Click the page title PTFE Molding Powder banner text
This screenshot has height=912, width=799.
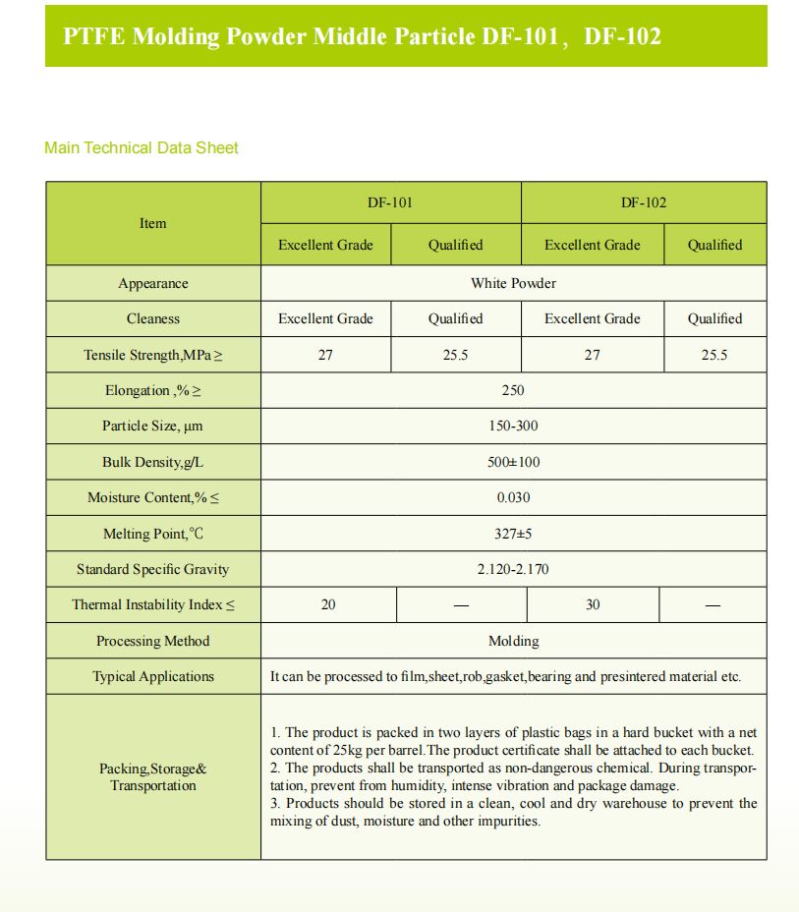point(362,36)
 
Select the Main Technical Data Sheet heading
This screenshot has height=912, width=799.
point(142,147)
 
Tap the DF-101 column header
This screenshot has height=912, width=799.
point(389,202)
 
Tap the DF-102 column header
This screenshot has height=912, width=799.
point(644,202)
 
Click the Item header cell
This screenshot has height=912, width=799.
point(152,223)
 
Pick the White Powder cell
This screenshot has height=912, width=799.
point(513,283)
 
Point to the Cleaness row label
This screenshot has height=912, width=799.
point(152,318)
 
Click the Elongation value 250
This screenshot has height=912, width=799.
point(513,390)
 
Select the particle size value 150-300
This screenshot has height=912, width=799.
point(513,426)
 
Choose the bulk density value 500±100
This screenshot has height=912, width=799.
point(513,462)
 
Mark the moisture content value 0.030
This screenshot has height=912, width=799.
point(513,497)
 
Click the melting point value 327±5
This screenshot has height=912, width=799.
point(513,534)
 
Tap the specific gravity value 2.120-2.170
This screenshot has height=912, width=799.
point(513,569)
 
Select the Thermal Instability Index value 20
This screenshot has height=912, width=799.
point(328,604)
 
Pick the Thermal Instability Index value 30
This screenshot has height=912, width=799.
point(593,604)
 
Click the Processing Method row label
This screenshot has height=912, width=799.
point(152,641)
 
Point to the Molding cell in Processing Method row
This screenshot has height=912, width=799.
point(513,641)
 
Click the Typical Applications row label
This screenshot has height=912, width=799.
point(152,676)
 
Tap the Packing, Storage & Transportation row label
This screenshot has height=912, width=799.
point(152,776)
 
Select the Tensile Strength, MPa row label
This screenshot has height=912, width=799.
point(152,355)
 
